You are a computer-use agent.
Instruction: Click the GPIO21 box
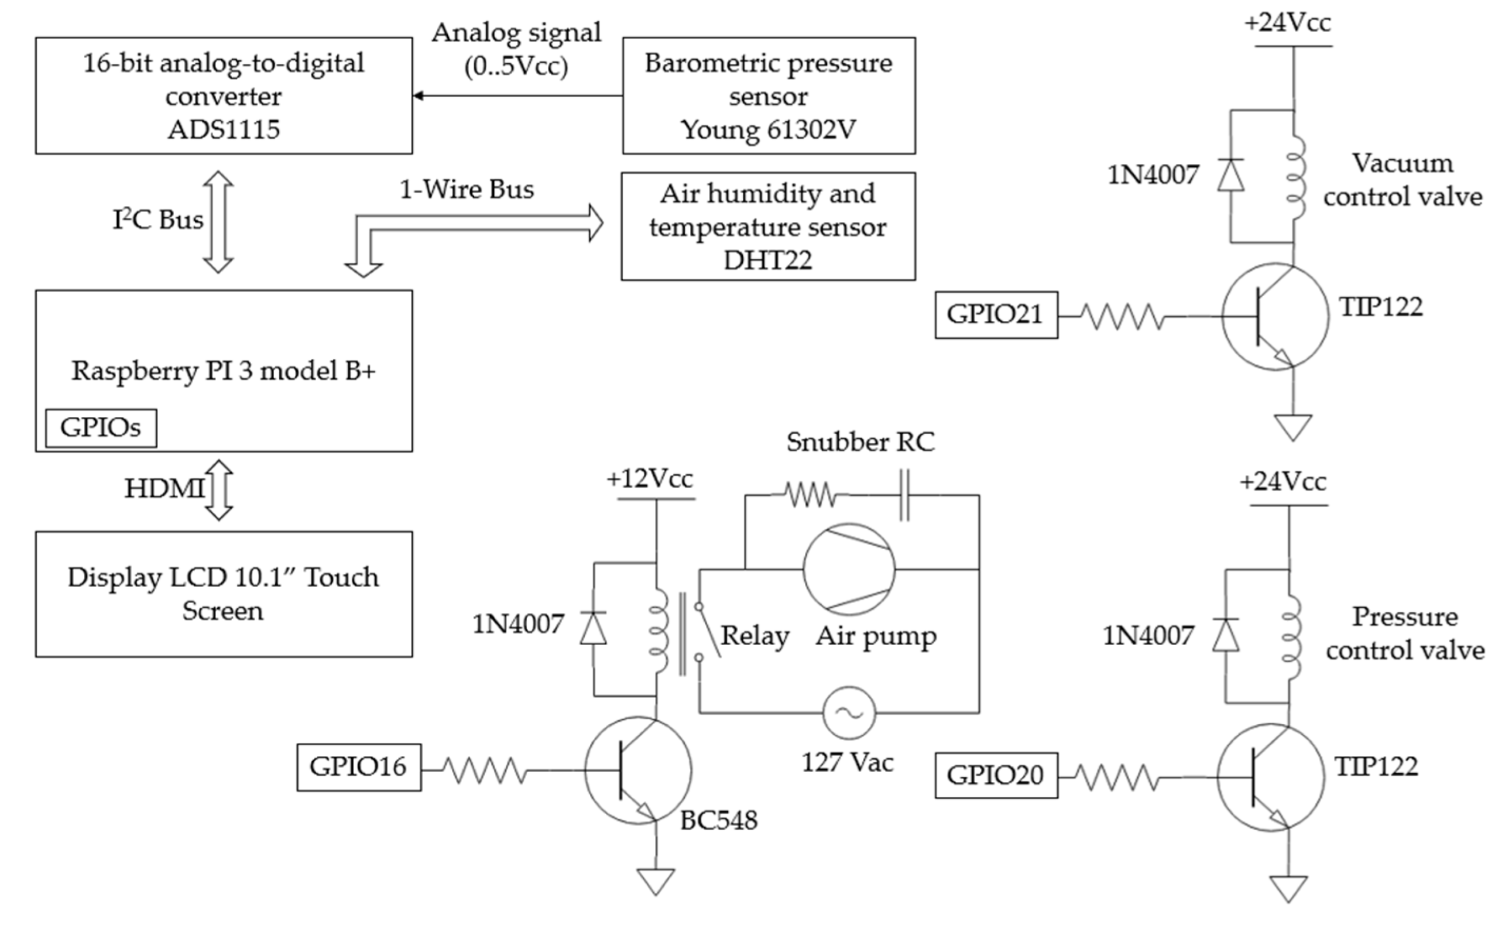pyautogui.click(x=996, y=314)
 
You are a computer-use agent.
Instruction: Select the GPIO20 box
pyautogui.click(x=996, y=775)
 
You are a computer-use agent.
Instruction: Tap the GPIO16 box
pyautogui.click(x=359, y=767)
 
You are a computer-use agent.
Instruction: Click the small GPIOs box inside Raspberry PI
pyautogui.click(x=101, y=427)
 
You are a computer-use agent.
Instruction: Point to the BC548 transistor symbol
pyautogui.click(x=638, y=770)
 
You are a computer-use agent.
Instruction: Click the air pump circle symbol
pyautogui.click(x=849, y=569)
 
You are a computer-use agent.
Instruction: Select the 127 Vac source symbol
pyautogui.click(x=849, y=712)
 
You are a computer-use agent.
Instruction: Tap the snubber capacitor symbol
pyautogui.click(x=904, y=495)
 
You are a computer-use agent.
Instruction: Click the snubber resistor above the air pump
pyautogui.click(x=810, y=495)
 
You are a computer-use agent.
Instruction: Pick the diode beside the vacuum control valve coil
pyautogui.click(x=1230, y=176)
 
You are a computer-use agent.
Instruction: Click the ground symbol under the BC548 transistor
pyautogui.click(x=656, y=881)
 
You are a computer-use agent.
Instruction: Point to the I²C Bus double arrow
pyautogui.click(x=218, y=221)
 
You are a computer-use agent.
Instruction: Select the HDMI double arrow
pyautogui.click(x=219, y=489)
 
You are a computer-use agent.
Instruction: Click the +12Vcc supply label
pyautogui.click(x=650, y=478)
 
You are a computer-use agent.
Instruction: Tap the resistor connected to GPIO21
pyautogui.click(x=1122, y=316)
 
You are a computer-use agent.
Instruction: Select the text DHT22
pyautogui.click(x=768, y=261)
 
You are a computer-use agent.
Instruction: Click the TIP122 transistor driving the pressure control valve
pyautogui.click(x=1270, y=777)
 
